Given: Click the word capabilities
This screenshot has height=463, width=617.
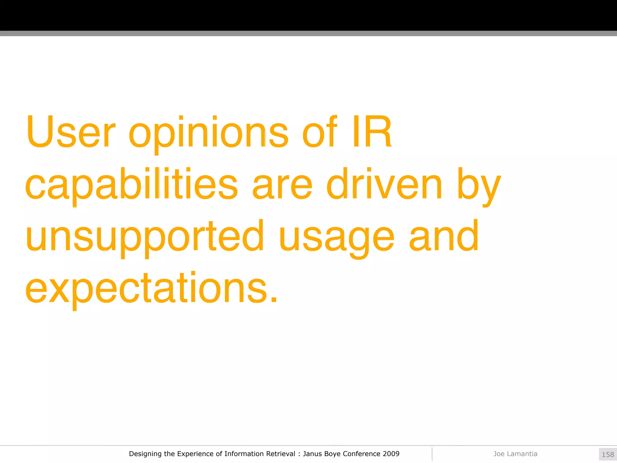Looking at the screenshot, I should (x=131, y=184).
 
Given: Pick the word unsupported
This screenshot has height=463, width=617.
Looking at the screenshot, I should (x=145, y=237).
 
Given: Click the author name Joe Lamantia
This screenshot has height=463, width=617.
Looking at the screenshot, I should (x=515, y=454).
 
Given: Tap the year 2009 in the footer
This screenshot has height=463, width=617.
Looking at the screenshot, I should (x=391, y=454).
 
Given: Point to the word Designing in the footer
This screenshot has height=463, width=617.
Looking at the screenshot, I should (x=145, y=454).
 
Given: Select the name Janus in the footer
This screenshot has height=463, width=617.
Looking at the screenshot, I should (x=312, y=454).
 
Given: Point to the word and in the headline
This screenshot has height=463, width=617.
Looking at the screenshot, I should (x=443, y=237).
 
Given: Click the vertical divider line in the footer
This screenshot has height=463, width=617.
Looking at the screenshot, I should (x=432, y=454).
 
